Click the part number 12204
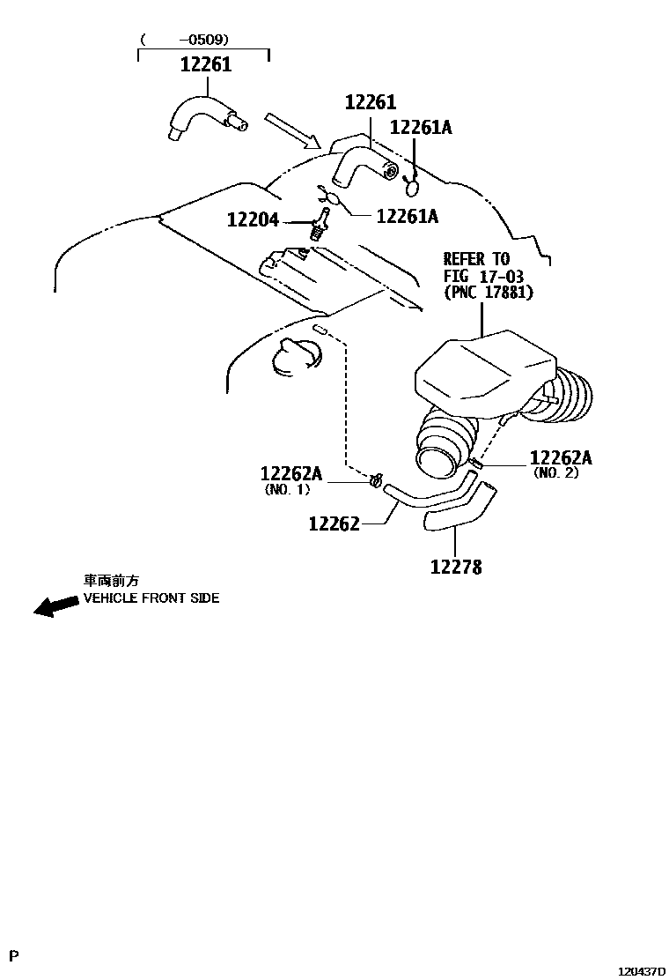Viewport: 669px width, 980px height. [x=253, y=219]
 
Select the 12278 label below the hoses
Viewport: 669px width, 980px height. [x=456, y=568]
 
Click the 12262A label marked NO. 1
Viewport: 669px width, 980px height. [x=290, y=474]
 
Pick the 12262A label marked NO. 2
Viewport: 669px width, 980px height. [x=561, y=457]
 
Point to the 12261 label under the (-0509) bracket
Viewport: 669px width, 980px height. [x=206, y=64]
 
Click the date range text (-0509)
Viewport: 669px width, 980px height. [x=185, y=39]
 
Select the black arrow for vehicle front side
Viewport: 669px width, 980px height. [x=55, y=605]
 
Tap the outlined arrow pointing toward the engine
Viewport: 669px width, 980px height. [x=291, y=130]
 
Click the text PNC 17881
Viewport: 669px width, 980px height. [x=489, y=293]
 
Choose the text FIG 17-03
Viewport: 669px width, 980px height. [x=483, y=276]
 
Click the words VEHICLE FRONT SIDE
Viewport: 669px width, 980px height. [x=151, y=598]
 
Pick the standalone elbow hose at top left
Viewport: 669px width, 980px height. [x=202, y=118]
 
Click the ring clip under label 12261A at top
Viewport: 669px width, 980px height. [x=411, y=184]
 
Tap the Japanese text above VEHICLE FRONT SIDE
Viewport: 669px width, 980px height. [x=110, y=581]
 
